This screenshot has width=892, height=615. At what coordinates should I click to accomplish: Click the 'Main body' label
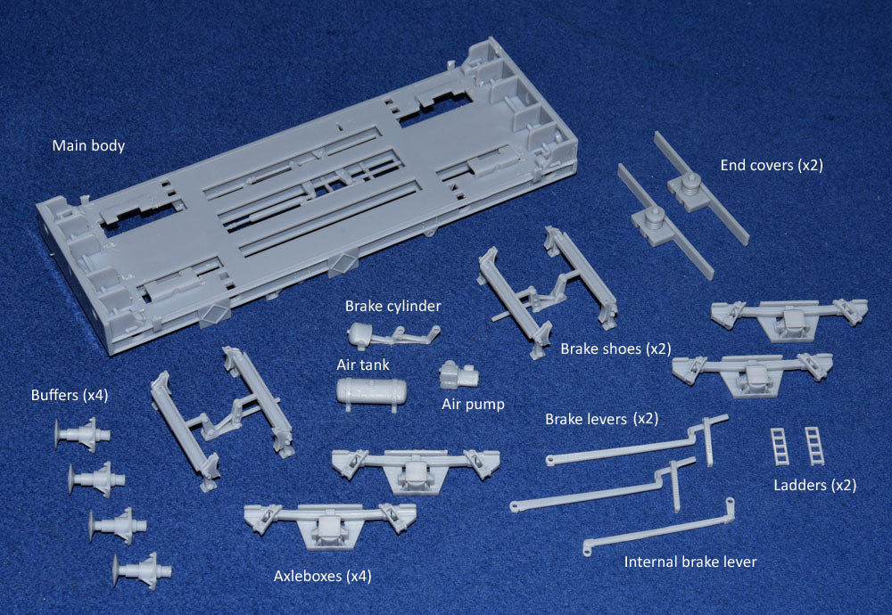[88, 145]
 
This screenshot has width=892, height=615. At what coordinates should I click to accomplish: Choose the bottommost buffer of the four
[141, 568]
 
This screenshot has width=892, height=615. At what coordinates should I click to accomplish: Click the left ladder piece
[780, 446]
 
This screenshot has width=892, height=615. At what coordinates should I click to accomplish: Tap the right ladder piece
[814, 446]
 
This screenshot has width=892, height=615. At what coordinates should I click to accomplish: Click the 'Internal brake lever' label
[690, 562]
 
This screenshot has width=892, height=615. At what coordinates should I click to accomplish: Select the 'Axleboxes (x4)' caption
[322, 576]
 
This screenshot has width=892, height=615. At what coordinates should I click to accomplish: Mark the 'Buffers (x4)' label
[70, 395]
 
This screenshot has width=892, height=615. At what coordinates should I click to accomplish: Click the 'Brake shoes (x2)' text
[615, 348]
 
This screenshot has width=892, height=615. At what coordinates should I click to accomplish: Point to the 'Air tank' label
[362, 365]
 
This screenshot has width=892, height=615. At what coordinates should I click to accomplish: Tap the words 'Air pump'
[473, 404]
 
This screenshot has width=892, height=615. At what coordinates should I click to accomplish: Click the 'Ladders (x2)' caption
[814, 485]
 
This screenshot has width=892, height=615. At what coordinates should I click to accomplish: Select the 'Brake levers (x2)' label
[601, 419]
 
